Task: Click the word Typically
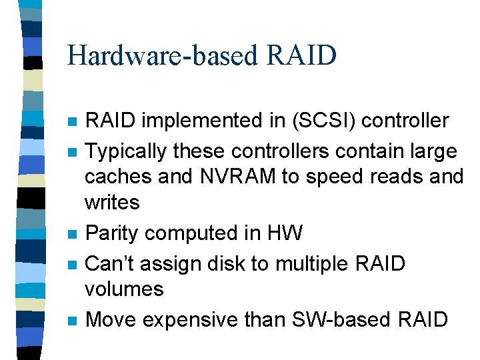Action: [x=127, y=151]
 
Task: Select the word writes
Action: [x=112, y=202]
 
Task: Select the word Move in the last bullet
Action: [x=113, y=319]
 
